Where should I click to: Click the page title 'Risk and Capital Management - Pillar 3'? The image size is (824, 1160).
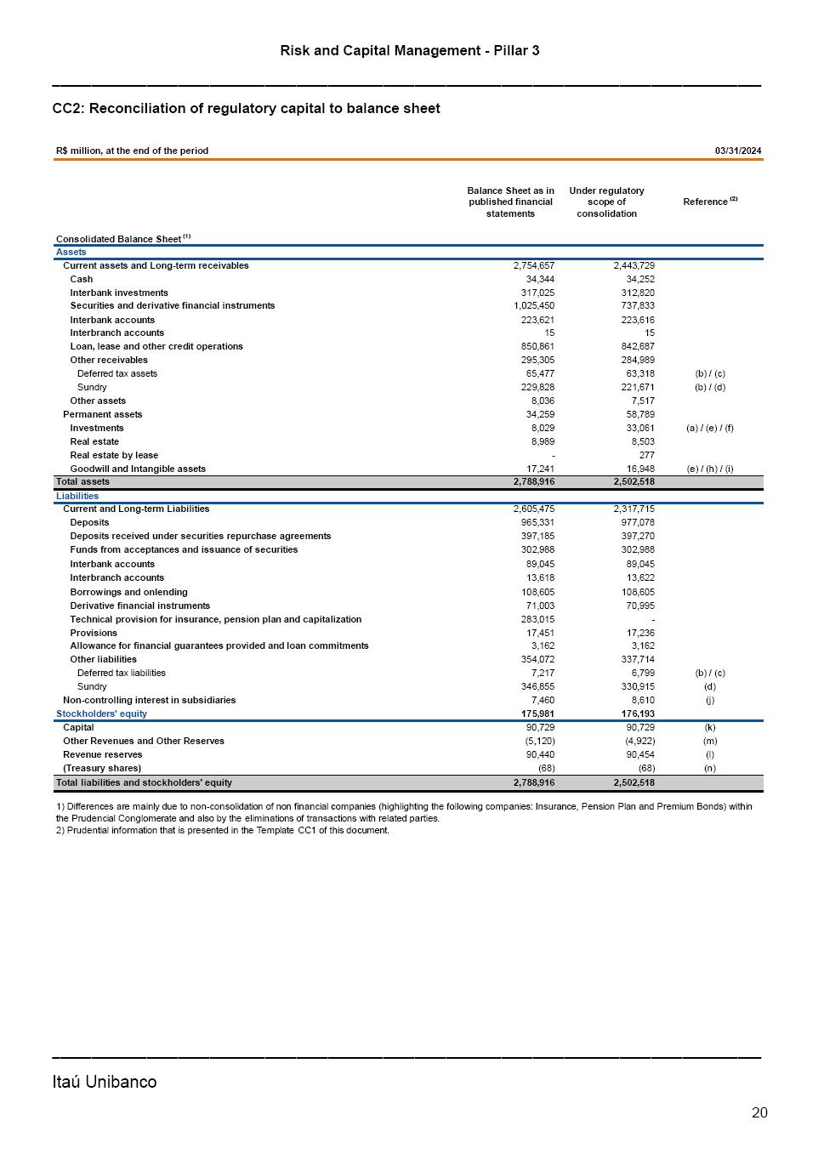point(410,51)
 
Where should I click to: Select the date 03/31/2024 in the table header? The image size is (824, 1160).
point(738,151)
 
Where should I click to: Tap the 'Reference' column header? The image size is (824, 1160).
point(706,202)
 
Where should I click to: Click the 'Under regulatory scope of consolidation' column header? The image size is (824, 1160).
point(606,202)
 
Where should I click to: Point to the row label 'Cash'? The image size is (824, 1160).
point(82,279)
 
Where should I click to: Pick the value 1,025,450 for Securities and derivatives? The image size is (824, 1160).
point(534,305)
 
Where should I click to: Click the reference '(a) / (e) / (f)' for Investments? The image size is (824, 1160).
point(709,428)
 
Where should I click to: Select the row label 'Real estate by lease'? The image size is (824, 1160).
point(114,455)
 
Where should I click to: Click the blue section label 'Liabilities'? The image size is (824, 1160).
point(77,496)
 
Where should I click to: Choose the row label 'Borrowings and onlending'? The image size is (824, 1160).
point(128,592)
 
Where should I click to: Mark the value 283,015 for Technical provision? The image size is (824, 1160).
point(537,619)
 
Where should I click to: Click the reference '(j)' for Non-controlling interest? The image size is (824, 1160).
point(709,700)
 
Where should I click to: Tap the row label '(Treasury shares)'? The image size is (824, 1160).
point(102,768)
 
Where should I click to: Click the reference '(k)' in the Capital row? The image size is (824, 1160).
point(709,727)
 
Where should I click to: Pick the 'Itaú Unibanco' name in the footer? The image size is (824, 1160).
point(105,1082)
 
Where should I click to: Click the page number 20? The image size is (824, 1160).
point(759,1112)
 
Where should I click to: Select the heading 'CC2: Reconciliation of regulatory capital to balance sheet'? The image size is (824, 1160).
point(246,109)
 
